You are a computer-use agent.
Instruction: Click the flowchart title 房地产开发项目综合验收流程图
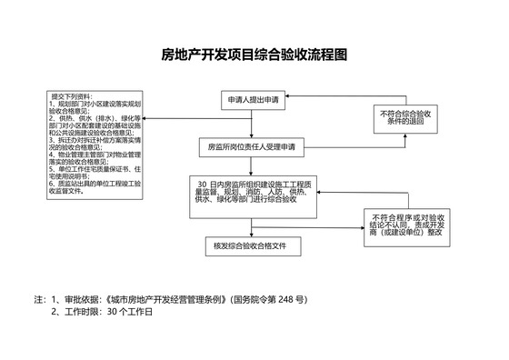254,55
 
